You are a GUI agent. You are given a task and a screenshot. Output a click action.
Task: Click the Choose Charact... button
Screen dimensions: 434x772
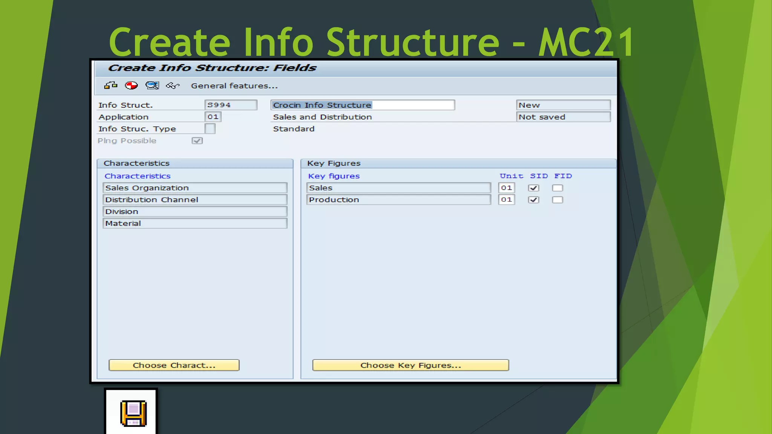(x=174, y=365)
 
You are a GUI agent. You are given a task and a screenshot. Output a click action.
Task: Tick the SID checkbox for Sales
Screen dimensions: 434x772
(x=533, y=188)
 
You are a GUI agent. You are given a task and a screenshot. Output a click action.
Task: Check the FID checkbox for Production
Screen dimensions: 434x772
(x=558, y=200)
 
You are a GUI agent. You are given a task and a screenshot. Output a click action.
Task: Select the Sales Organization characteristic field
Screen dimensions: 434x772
(x=195, y=188)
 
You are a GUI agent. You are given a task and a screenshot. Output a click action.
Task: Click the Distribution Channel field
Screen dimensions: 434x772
(x=195, y=200)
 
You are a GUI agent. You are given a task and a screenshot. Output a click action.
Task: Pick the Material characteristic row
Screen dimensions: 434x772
(x=195, y=223)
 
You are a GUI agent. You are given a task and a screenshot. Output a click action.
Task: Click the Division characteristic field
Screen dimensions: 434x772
(x=195, y=211)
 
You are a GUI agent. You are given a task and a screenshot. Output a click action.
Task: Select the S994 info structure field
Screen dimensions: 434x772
(x=230, y=105)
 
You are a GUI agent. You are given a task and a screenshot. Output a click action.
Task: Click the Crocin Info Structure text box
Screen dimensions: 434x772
(x=362, y=105)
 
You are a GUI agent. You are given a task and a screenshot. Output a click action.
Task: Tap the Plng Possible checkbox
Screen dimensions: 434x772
(x=197, y=141)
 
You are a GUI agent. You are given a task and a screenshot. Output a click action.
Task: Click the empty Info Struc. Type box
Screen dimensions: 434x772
(x=210, y=129)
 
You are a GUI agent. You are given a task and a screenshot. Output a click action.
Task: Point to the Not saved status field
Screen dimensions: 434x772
(x=563, y=117)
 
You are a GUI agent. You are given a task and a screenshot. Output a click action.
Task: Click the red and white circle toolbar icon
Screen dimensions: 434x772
(x=131, y=86)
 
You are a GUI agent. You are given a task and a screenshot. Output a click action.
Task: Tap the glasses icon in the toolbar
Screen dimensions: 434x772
(x=173, y=86)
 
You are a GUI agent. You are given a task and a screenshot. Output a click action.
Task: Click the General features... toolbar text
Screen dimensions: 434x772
(x=234, y=86)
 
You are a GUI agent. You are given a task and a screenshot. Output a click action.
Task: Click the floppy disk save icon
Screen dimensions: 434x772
(x=133, y=413)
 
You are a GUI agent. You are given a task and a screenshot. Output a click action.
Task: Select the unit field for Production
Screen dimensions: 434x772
(x=506, y=200)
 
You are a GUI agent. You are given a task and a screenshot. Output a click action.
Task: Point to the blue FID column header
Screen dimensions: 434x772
(x=563, y=176)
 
